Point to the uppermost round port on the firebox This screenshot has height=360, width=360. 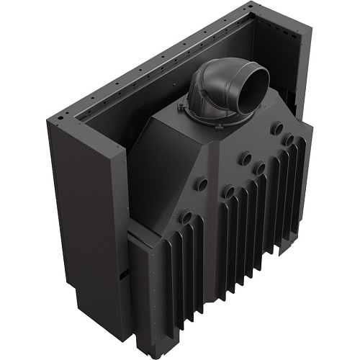click(276, 130)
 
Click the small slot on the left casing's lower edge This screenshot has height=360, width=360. click(124, 272)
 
